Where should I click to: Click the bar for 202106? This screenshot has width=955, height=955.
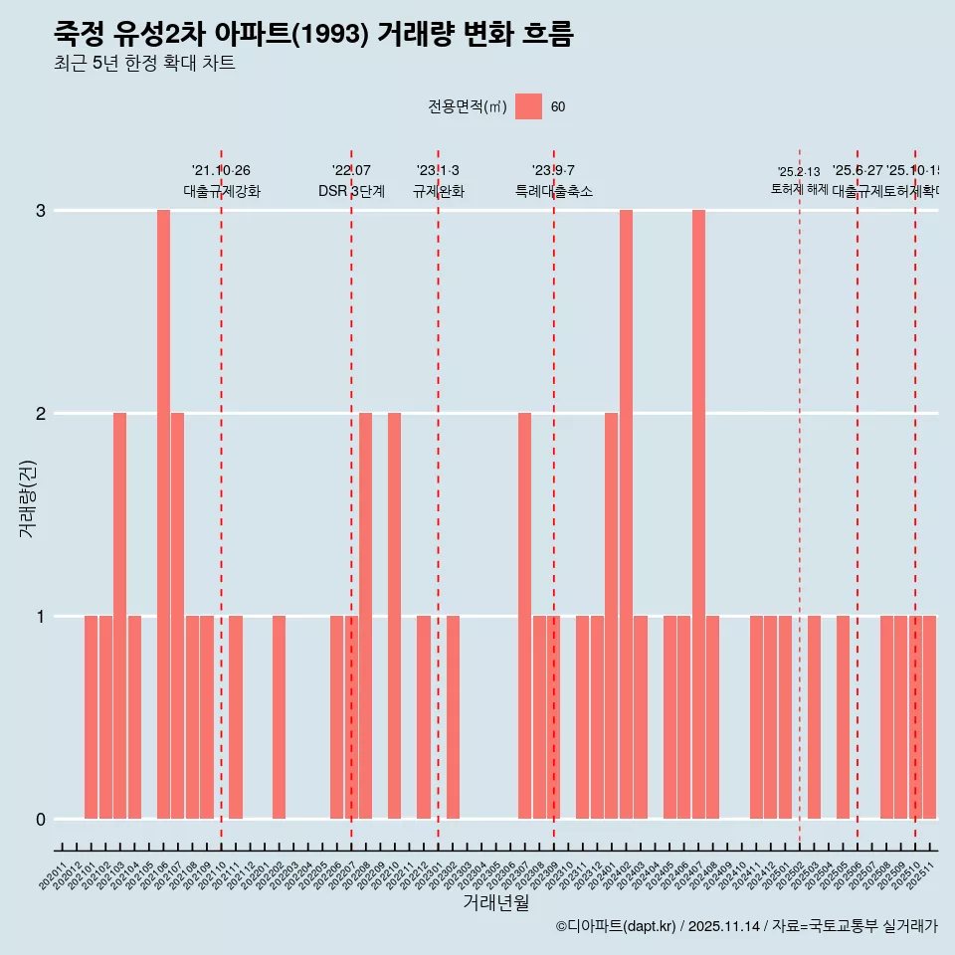(x=163, y=514)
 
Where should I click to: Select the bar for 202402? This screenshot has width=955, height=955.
(x=626, y=514)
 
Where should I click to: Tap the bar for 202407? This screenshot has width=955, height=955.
(x=698, y=514)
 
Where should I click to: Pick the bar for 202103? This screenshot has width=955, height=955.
(x=119, y=616)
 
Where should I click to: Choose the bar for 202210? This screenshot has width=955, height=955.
(x=394, y=616)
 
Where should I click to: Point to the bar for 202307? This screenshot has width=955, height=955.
(x=524, y=616)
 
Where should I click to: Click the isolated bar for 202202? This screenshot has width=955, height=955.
(x=279, y=717)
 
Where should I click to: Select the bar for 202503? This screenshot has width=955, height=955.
(x=814, y=717)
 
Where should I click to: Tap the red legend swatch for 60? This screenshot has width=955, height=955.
(x=528, y=106)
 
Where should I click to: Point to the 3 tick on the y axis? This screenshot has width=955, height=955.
(x=41, y=211)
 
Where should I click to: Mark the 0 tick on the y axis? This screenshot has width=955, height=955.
(x=41, y=820)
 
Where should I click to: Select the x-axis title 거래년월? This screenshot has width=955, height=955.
(x=495, y=902)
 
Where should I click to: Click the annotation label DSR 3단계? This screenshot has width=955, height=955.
(x=351, y=191)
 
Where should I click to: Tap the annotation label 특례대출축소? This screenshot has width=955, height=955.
(x=553, y=191)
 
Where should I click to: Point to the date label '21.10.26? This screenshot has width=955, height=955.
(x=221, y=171)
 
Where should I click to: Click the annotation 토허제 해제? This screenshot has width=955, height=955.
(x=799, y=189)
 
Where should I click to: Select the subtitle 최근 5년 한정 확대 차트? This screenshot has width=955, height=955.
(x=144, y=64)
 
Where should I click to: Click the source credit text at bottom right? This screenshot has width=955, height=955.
(x=746, y=926)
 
